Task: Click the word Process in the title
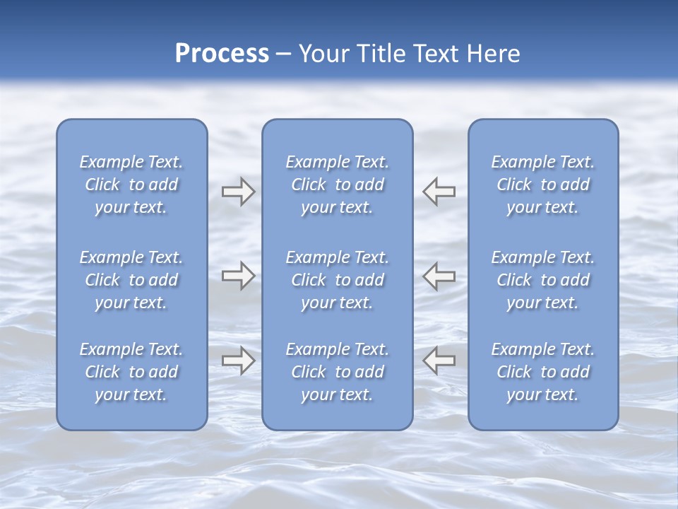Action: [x=222, y=54]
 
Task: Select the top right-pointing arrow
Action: [x=238, y=192]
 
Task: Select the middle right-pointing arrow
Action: [x=238, y=276]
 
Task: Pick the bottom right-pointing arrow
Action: [x=238, y=361]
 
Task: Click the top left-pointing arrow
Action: [x=439, y=192]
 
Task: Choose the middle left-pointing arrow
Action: [x=439, y=276]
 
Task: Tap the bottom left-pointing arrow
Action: [x=439, y=361]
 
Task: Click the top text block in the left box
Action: [x=131, y=185]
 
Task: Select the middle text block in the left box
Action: [x=131, y=280]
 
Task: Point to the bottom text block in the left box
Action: [x=131, y=372]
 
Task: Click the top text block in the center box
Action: [x=338, y=185]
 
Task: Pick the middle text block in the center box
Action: [x=338, y=280]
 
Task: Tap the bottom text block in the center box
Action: [x=338, y=372]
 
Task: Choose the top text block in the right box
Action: [x=543, y=185]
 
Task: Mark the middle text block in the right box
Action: [x=543, y=280]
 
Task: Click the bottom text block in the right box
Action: [x=543, y=372]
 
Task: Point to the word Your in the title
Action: [x=322, y=54]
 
